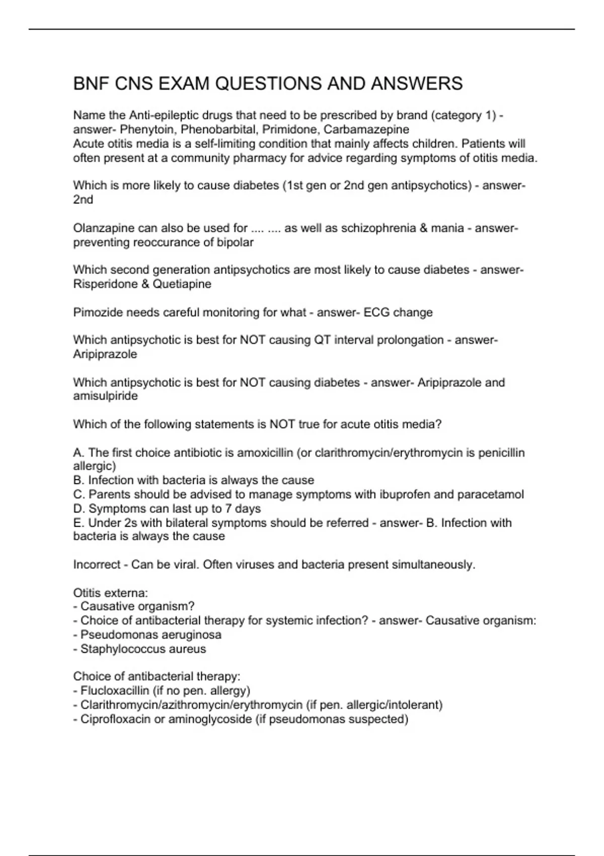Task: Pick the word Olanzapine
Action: [103, 228]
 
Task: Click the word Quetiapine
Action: [182, 284]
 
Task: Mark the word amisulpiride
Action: [105, 396]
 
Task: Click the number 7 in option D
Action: [229, 509]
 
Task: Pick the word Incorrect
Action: [97, 564]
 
